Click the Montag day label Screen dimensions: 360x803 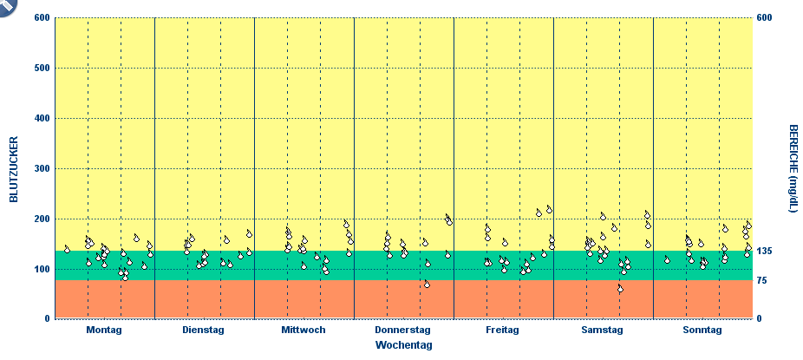click(x=104, y=331)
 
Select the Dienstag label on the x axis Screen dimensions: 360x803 click(x=204, y=331)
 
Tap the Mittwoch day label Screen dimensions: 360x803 click(x=304, y=331)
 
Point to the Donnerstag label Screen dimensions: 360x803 click(x=403, y=331)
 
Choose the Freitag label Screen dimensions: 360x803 click(x=503, y=331)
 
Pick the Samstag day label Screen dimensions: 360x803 click(x=603, y=331)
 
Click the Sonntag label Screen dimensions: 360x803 click(x=702, y=331)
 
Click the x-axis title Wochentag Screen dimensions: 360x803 click(x=403, y=345)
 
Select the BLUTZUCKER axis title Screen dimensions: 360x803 click(x=14, y=169)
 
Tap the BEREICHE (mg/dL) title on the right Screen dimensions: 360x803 click(x=793, y=168)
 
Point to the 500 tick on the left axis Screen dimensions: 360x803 click(x=40, y=68)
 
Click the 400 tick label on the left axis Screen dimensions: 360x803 click(x=40, y=118)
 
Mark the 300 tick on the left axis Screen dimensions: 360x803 click(x=40, y=168)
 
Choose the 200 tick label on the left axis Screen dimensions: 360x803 click(x=40, y=219)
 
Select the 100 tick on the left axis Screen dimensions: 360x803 click(x=40, y=269)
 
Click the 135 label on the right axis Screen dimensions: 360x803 click(x=765, y=252)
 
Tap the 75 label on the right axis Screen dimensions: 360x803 click(x=762, y=281)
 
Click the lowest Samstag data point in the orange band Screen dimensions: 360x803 click(x=620, y=289)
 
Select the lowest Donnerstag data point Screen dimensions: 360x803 click(x=427, y=284)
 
